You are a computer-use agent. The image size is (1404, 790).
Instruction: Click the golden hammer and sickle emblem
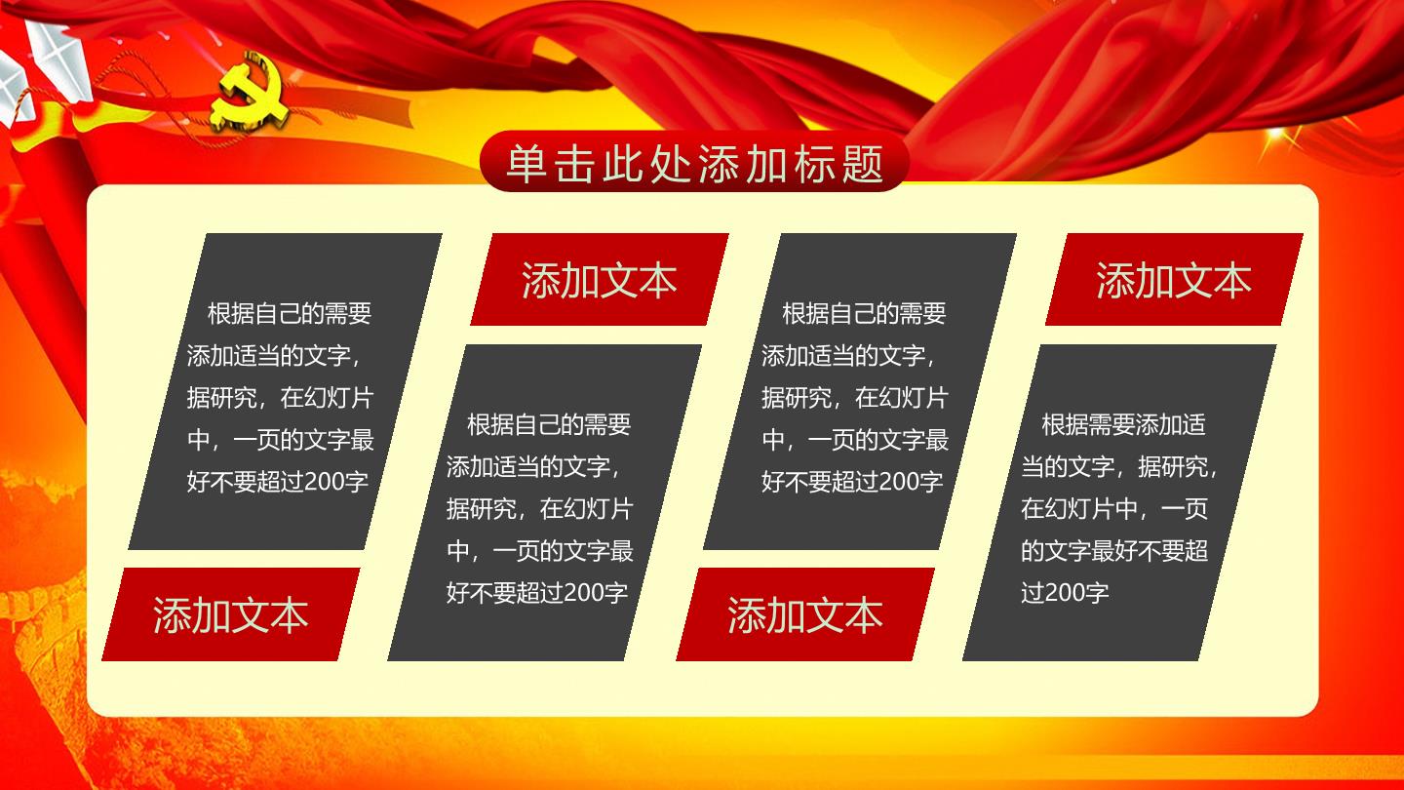tap(250, 92)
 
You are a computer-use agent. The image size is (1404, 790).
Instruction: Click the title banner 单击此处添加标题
tap(694, 161)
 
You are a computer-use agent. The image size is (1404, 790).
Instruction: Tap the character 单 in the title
tap(526, 163)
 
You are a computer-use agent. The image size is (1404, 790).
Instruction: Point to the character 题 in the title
tap(863, 163)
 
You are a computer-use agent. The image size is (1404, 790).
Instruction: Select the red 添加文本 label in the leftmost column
tap(231, 614)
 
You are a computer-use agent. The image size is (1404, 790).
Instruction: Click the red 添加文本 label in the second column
tap(600, 280)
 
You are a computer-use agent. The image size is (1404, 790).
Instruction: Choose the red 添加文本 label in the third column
tap(805, 614)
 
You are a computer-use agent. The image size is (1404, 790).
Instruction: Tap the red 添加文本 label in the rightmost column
tap(1174, 280)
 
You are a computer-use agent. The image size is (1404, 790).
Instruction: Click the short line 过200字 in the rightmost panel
tap(1065, 593)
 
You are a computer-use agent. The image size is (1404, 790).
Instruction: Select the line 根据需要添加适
tap(1123, 424)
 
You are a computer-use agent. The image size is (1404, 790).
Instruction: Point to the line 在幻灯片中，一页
tap(1114, 508)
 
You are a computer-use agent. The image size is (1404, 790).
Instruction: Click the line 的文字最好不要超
tap(1114, 550)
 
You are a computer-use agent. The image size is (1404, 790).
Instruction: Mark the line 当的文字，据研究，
tap(1119, 466)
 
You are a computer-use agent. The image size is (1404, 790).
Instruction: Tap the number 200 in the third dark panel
tap(899, 482)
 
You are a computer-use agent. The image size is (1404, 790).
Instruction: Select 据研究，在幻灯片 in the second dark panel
tap(540, 508)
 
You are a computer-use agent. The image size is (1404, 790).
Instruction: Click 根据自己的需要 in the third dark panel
tap(864, 313)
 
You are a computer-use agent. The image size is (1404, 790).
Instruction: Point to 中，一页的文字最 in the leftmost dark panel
tap(280, 440)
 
